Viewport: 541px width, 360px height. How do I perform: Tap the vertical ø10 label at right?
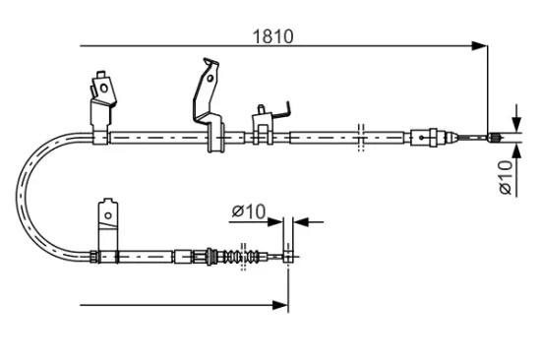pos(505,174)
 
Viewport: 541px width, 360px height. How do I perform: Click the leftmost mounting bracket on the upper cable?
pos(101,98)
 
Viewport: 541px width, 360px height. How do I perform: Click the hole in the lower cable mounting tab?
pos(107,211)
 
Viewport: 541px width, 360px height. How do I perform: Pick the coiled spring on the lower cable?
pos(235,258)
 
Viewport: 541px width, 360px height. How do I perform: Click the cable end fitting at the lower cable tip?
pos(287,258)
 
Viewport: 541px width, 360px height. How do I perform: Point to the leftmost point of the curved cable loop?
pos(18,197)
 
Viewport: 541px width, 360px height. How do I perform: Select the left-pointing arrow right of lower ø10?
pos(299,221)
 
